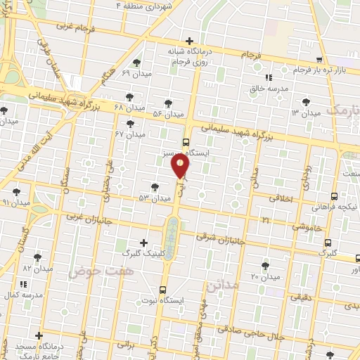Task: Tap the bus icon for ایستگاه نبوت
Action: click(163, 289)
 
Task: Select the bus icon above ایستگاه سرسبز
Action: click(186, 141)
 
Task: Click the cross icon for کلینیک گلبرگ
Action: click(144, 242)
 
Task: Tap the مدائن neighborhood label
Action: click(222, 287)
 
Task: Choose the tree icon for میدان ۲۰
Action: click(264, 266)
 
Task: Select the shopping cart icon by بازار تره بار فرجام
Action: click(321, 60)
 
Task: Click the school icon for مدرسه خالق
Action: click(268, 77)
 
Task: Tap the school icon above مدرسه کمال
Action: click(23, 284)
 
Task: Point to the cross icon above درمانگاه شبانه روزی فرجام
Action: click(189, 41)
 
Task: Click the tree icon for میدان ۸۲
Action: click(37, 257)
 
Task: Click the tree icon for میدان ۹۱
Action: click(16, 191)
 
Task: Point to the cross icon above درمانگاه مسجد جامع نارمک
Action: click(39, 335)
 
